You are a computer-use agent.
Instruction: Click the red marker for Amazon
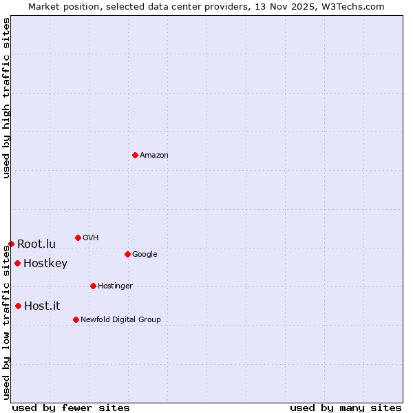[x=135, y=155]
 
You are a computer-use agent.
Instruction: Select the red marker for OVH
[x=78, y=237]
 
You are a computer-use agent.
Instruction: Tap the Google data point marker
[x=127, y=254]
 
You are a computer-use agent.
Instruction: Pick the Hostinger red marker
[x=93, y=286]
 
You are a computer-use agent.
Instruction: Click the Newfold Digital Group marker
[x=76, y=319]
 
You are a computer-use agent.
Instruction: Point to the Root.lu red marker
[x=11, y=244]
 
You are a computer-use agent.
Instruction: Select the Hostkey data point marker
[x=17, y=263]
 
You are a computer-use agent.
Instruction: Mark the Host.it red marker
[x=18, y=306]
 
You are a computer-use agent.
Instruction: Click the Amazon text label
[x=154, y=156]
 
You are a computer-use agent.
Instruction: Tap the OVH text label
[x=91, y=238]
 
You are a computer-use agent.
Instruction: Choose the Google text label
[x=145, y=255]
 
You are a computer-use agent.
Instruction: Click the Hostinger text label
[x=115, y=286]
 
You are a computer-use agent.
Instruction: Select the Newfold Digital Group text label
[x=120, y=319]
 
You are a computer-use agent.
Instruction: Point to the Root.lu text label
[x=36, y=244]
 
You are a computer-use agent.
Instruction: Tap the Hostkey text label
[x=45, y=264]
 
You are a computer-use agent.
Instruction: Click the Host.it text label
[x=42, y=306]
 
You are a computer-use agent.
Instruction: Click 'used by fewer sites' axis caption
[x=71, y=407]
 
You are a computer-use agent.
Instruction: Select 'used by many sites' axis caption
[x=346, y=407]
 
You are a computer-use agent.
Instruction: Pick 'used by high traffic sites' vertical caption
[x=6, y=98]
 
